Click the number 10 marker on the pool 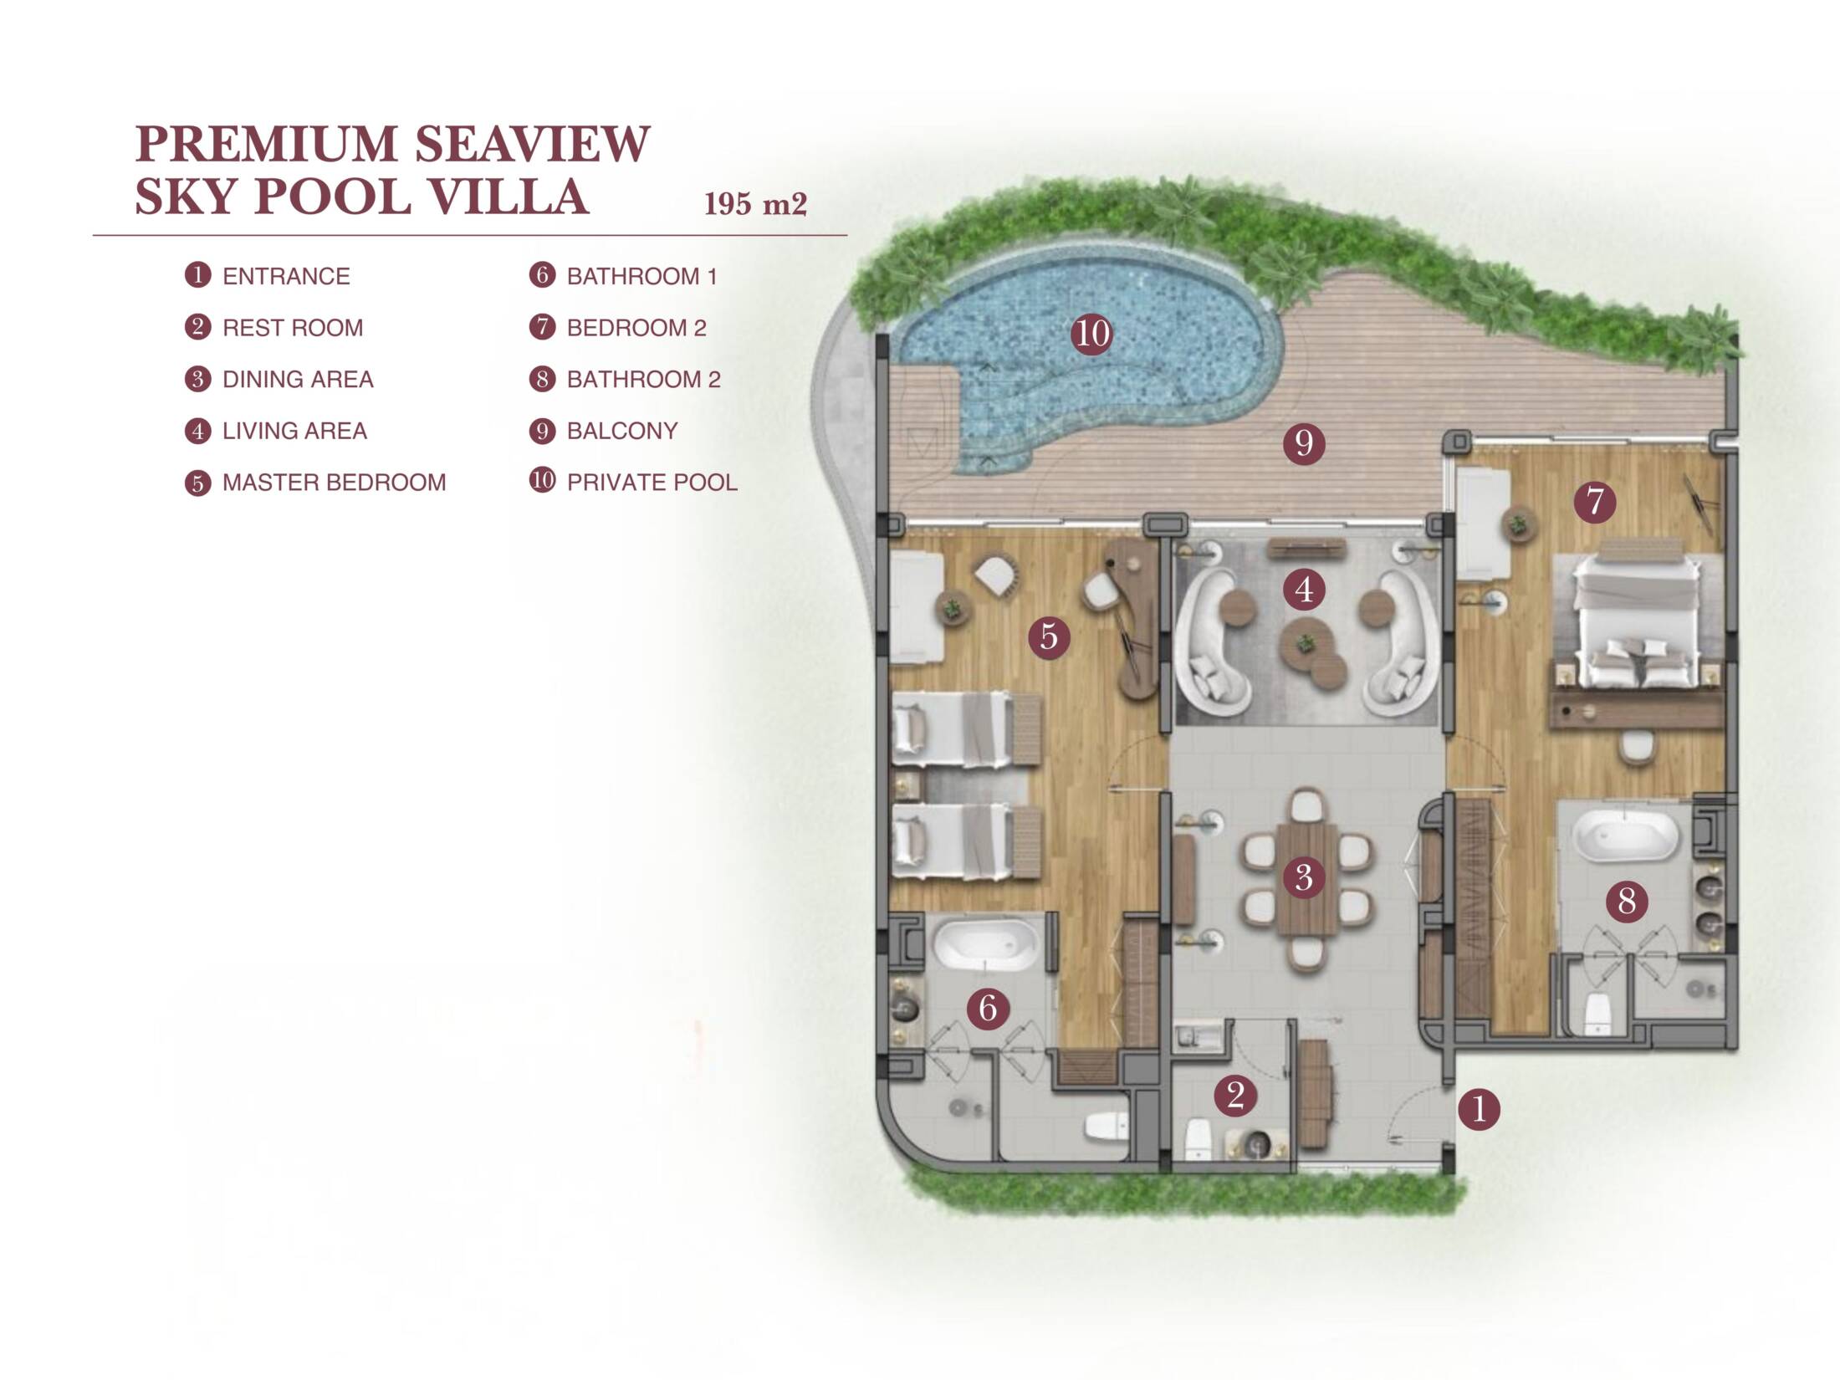tap(1091, 334)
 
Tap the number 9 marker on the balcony tap(1304, 442)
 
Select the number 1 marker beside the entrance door tap(1479, 1110)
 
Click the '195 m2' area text tap(755, 204)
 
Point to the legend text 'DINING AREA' tap(298, 380)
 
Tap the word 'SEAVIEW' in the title tap(532, 144)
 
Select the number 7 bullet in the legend tap(542, 327)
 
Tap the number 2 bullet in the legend tap(197, 327)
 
